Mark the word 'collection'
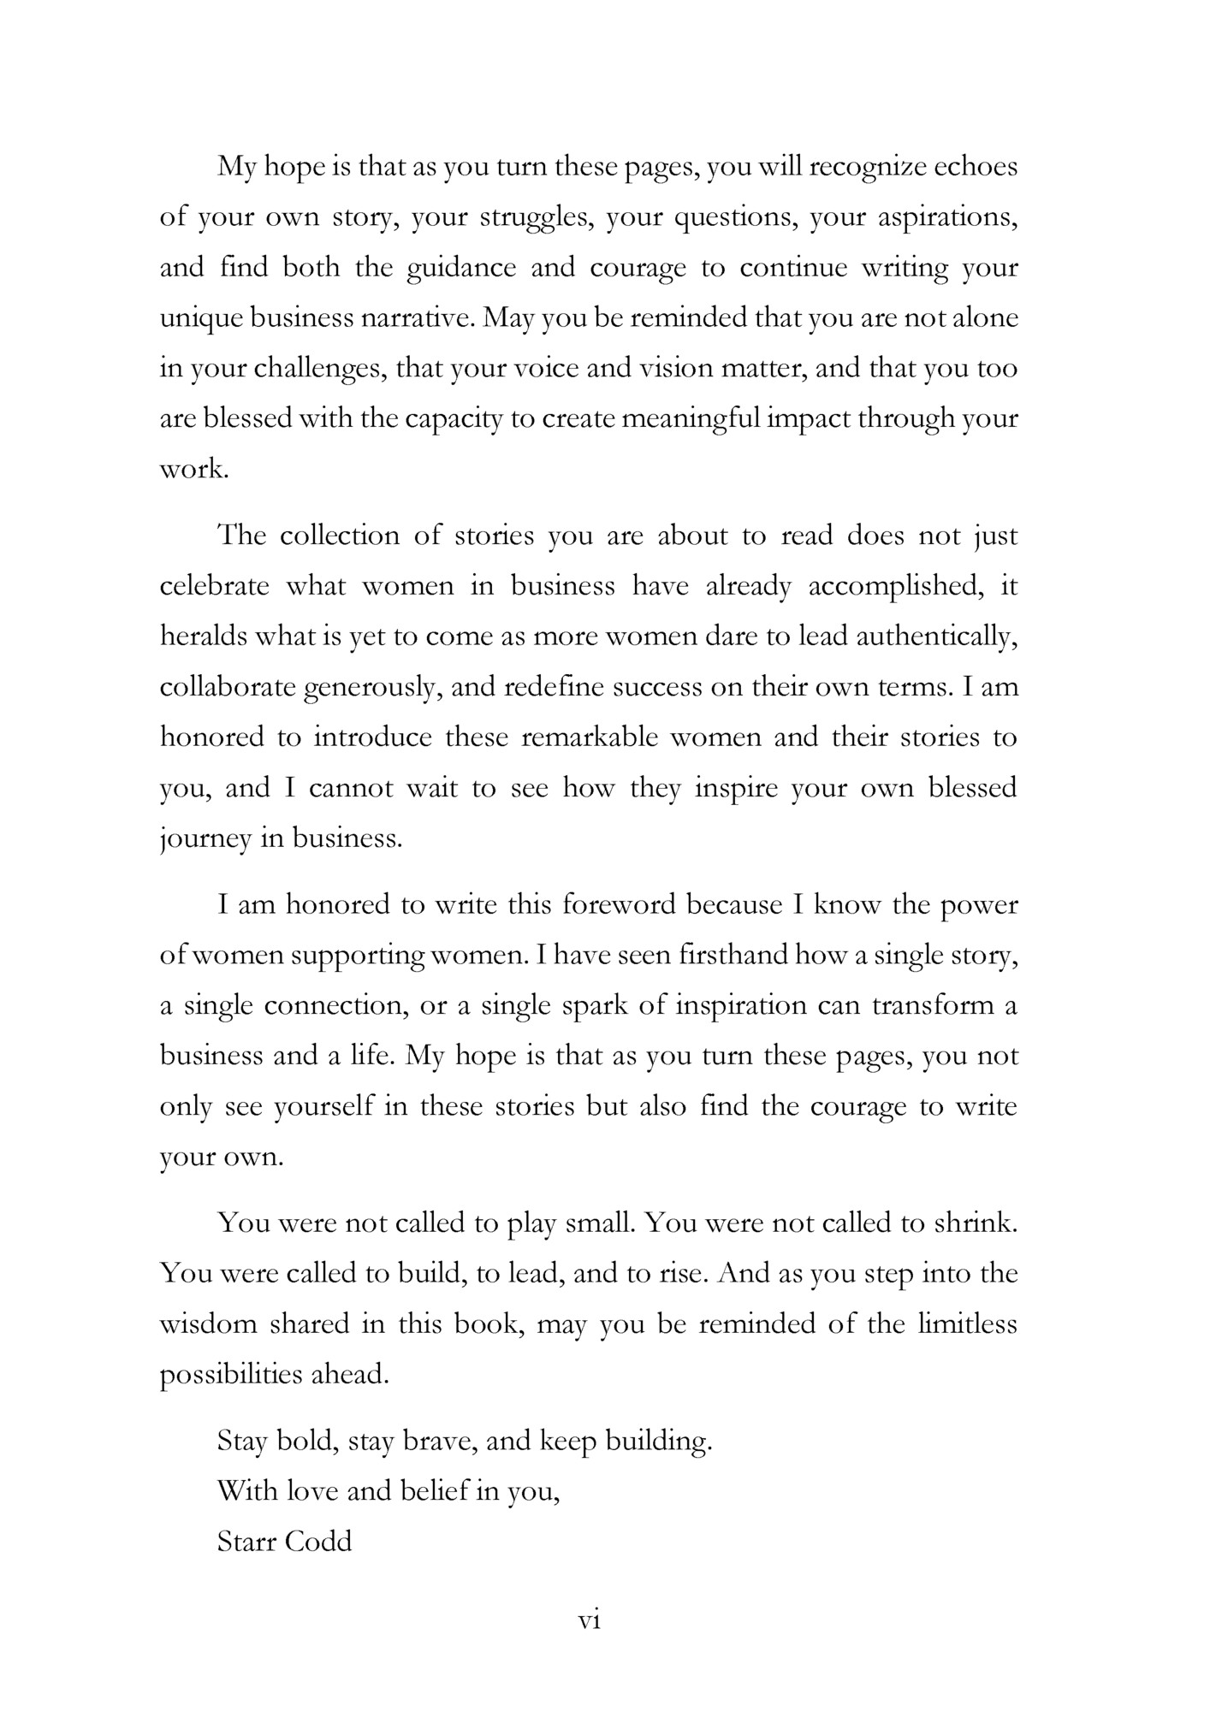[x=340, y=536]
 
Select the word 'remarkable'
[x=590, y=737]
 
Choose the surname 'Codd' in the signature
[x=318, y=1543]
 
